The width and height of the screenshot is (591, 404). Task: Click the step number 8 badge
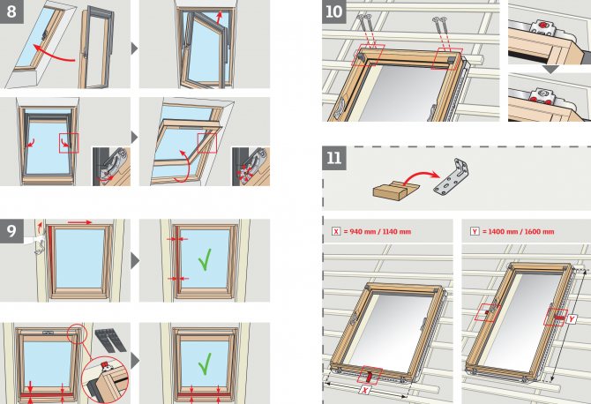11,11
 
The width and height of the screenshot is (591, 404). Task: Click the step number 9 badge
11,230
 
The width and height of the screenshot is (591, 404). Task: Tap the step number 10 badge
334,11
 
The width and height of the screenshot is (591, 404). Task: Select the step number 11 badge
334,158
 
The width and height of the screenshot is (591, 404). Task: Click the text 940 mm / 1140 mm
378,231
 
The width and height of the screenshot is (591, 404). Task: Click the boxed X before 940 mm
336,231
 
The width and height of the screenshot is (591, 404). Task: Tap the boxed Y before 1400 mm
475,231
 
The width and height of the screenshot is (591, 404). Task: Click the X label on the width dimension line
364,390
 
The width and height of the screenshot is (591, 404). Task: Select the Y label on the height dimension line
572,319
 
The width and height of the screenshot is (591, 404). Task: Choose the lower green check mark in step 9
205,364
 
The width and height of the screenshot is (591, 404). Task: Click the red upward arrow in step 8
220,18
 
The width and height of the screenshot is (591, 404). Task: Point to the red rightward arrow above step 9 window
79,222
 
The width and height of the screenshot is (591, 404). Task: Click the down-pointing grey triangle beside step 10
550,70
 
